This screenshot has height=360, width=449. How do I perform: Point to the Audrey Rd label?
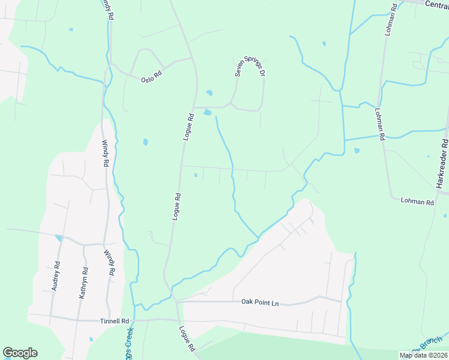click(x=56, y=277)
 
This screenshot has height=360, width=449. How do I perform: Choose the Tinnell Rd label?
click(x=116, y=321)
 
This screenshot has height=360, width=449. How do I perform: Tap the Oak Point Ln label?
click(x=260, y=303)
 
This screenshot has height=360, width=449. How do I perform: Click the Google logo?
click(x=20, y=353)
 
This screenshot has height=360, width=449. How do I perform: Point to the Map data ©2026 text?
click(x=423, y=355)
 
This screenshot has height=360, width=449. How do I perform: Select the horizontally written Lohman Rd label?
click(x=417, y=202)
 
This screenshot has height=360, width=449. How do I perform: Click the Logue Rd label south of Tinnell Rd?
click(x=187, y=338)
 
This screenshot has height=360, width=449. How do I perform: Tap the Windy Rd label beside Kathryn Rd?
click(x=109, y=263)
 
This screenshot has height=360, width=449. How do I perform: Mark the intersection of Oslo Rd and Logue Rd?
click(x=192, y=58)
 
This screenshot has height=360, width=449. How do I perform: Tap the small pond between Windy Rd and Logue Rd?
click(x=145, y=142)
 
